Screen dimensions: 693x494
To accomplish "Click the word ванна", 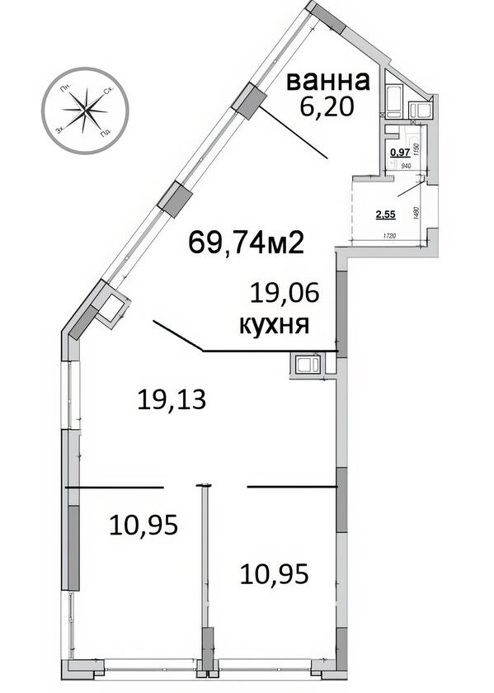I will (327, 82).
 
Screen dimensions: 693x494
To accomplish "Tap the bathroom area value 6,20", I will (322, 107).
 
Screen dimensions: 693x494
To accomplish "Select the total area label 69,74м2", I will (247, 243).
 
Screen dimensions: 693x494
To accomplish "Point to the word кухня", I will (274, 324).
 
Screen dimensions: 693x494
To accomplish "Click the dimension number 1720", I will (390, 238).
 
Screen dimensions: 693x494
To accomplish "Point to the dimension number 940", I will (407, 166).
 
